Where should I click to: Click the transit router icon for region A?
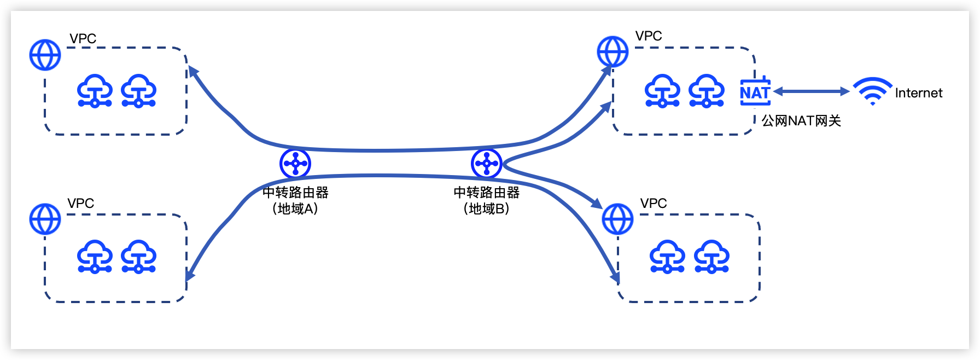click(x=295, y=163)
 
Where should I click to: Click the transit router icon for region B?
click(x=487, y=163)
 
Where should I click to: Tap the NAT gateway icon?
click(x=755, y=91)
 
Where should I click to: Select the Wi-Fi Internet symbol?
click(x=872, y=91)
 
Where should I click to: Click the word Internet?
click(x=919, y=93)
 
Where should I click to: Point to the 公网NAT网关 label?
click(x=801, y=120)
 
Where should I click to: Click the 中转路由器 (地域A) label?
click(x=295, y=200)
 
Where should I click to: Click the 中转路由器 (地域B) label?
click(x=487, y=200)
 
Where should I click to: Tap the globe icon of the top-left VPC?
click(x=45, y=55)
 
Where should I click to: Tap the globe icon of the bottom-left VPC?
click(x=45, y=219)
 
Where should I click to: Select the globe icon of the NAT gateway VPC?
click(x=612, y=51)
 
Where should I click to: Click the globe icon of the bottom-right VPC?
click(x=617, y=219)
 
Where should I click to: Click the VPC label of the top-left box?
click(x=83, y=38)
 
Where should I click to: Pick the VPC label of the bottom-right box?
click(x=654, y=203)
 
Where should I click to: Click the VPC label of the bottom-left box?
click(x=81, y=203)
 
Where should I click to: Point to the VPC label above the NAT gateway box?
click(x=649, y=36)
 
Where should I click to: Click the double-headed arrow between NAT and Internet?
click(x=812, y=91)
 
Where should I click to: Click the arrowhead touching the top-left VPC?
click(x=192, y=72)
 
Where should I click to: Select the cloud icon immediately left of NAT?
click(x=707, y=91)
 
